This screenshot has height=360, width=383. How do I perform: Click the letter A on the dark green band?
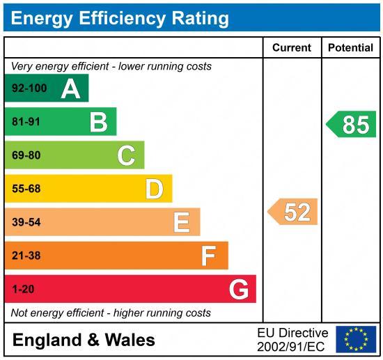point(70,89)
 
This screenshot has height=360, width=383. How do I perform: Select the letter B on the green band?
point(98,123)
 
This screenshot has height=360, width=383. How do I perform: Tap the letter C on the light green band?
point(126,155)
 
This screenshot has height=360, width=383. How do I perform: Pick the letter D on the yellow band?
point(154,189)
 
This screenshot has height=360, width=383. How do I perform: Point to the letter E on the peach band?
point(182,222)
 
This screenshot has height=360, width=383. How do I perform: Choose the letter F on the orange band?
point(209,256)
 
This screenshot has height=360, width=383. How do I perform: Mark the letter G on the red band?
point(239,289)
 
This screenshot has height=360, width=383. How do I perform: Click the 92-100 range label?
point(29,89)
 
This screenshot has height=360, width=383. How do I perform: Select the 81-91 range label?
point(26,123)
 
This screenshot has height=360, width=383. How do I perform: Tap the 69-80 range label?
point(26,155)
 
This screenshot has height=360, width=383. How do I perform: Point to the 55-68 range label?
point(26,189)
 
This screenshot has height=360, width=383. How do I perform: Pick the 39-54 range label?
point(26,222)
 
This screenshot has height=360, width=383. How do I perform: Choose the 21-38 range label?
point(26,256)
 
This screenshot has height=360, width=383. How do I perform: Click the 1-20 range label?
point(23,289)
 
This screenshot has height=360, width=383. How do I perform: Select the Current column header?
point(292,48)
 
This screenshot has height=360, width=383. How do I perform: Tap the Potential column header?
point(350,48)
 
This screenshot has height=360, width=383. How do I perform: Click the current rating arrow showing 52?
point(294,212)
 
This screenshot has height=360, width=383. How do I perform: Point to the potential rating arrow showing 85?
point(352,125)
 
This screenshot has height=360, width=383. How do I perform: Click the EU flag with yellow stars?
point(356,339)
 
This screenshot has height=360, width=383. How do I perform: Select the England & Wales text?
point(84,340)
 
